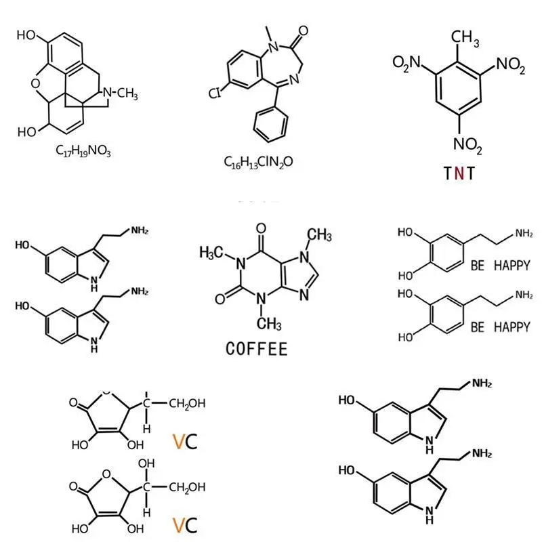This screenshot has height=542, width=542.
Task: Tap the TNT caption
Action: click(459, 173)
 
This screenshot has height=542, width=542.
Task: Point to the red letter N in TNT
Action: click(459, 173)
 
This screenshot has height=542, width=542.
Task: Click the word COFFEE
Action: click(256, 349)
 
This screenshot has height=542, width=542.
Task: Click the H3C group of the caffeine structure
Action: click(213, 253)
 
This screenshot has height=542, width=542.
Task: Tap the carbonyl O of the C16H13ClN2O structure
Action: click(303, 30)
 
